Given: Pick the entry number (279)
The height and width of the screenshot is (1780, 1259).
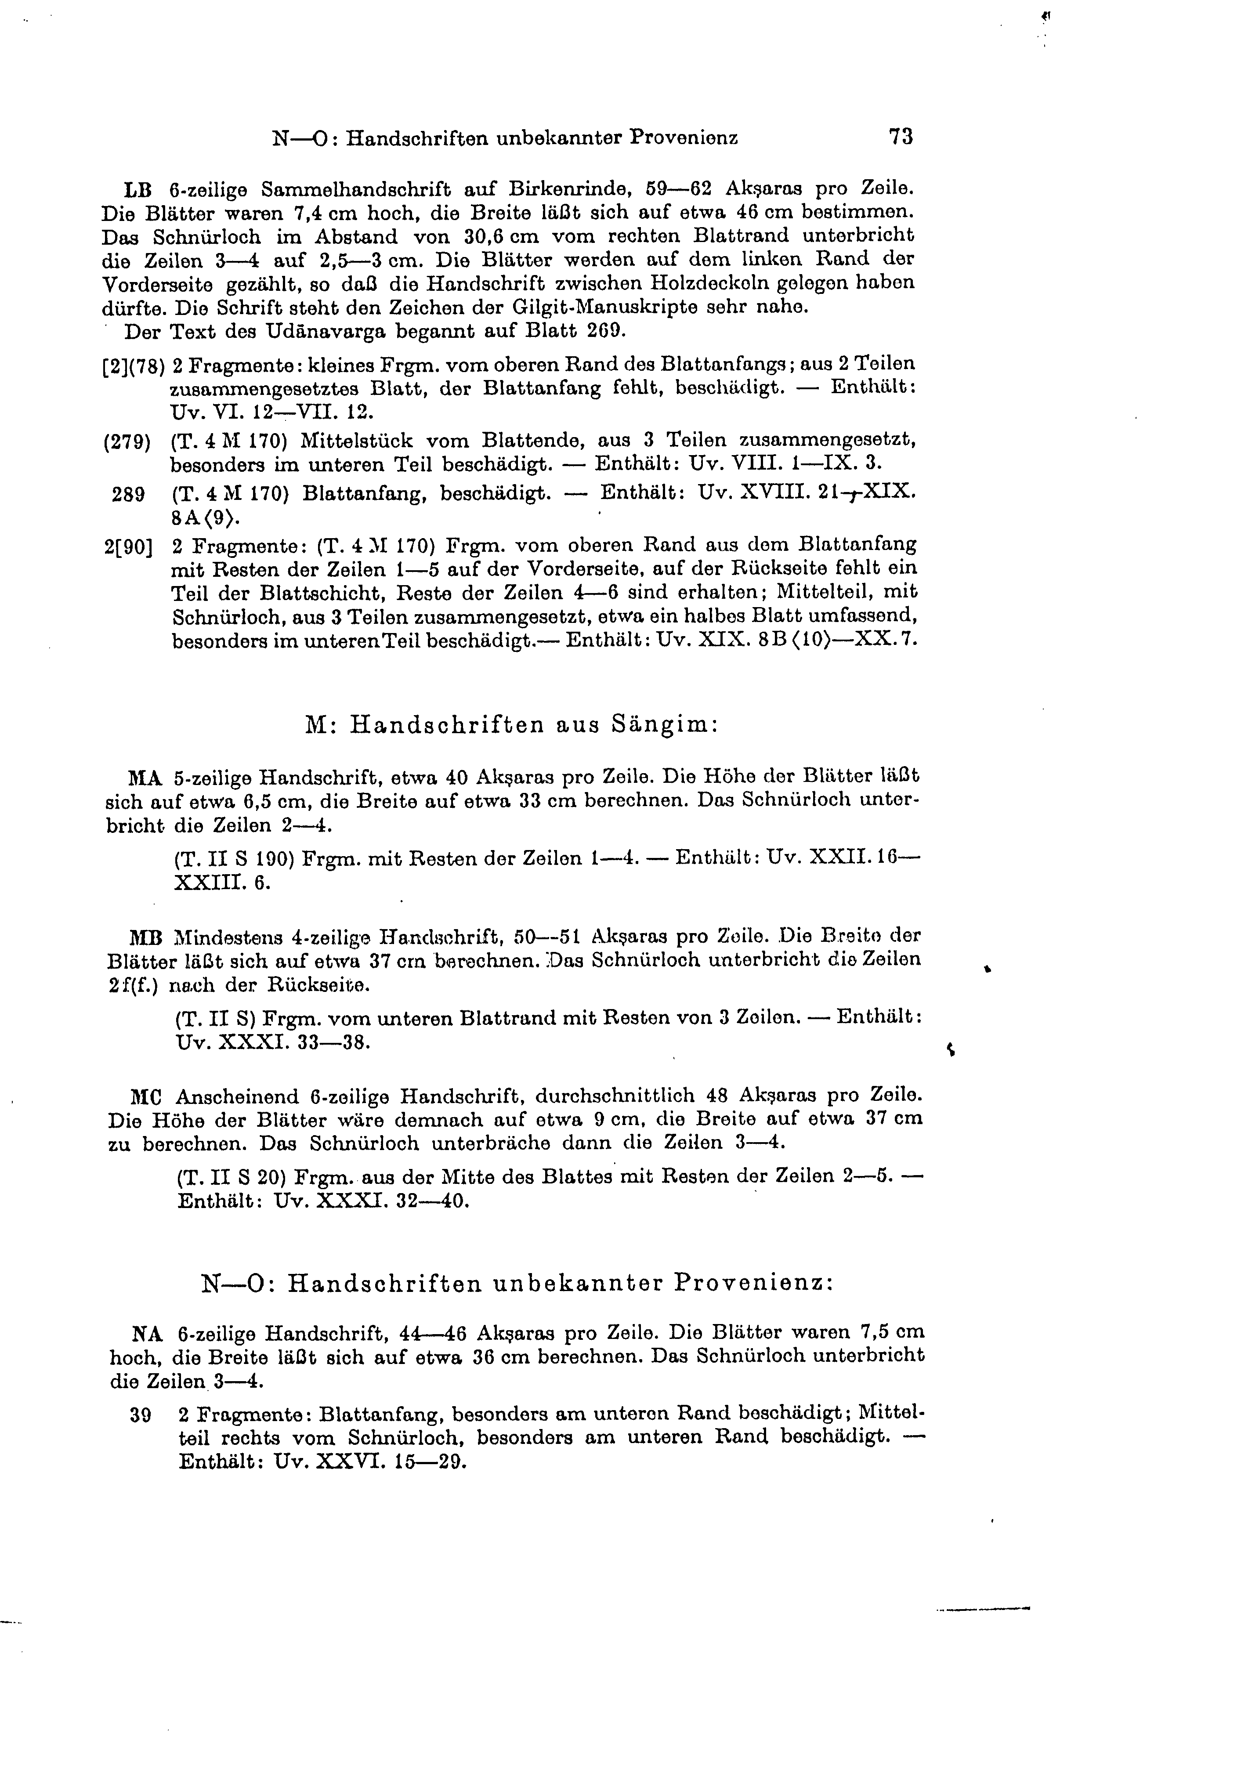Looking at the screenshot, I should (127, 443).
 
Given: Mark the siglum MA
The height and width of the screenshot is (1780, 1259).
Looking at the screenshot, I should (145, 776).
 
